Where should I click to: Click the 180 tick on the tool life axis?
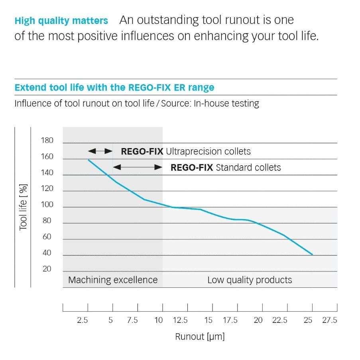(x=47, y=140)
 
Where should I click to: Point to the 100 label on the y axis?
(x=47, y=205)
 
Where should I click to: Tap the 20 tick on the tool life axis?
(x=47, y=269)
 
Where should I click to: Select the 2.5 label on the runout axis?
(x=83, y=320)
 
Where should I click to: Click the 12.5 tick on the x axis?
(x=180, y=320)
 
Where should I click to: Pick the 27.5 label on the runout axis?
(x=330, y=320)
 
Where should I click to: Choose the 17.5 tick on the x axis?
(x=230, y=320)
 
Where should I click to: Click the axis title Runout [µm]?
(x=200, y=336)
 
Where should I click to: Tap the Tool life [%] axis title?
(x=23, y=208)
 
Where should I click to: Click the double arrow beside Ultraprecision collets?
(x=100, y=151)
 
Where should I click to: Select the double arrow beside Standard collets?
(x=138, y=167)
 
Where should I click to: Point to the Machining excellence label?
(x=113, y=280)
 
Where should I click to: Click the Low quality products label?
(x=250, y=280)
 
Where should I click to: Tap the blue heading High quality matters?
(x=61, y=20)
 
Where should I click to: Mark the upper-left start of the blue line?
(x=88, y=160)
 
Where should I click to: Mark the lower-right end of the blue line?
(x=312, y=254)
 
